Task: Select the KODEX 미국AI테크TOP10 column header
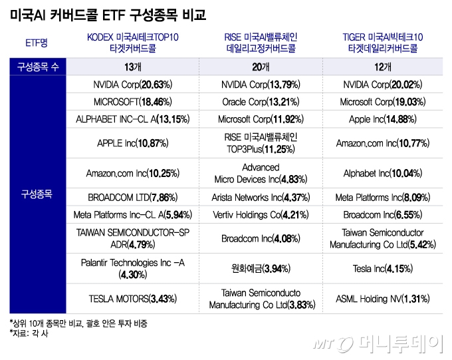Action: pyautogui.click(x=133, y=42)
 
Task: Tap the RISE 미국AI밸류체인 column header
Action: pyautogui.click(x=260, y=42)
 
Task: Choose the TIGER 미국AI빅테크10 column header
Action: pyautogui.click(x=382, y=42)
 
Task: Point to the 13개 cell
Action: pyautogui.click(x=133, y=67)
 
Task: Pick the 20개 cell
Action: pyautogui.click(x=260, y=67)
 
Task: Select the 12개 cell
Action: pyautogui.click(x=382, y=67)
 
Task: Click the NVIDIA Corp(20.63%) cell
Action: pyautogui.click(x=133, y=85)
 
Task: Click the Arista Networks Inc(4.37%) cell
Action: pyautogui.click(x=260, y=198)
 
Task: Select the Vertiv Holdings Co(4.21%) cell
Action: pyautogui.click(x=260, y=215)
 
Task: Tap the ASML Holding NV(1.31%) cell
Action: pyautogui.click(x=382, y=299)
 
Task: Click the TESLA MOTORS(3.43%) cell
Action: pyautogui.click(x=133, y=299)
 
